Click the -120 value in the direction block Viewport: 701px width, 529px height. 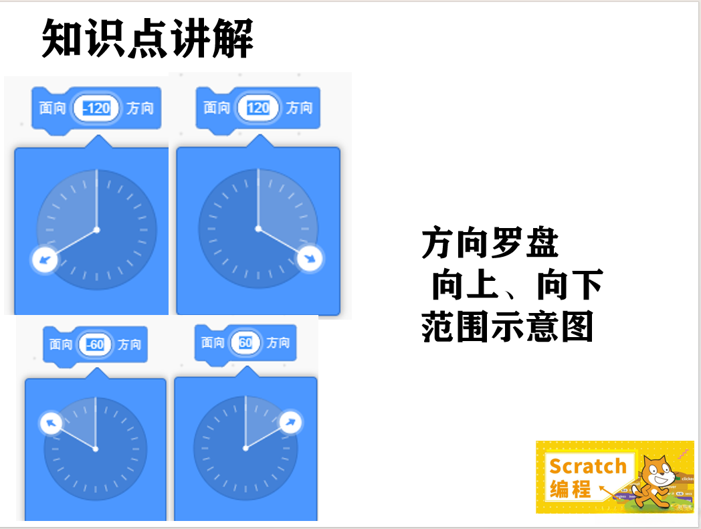coord(97,108)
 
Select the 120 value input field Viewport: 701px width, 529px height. coord(258,108)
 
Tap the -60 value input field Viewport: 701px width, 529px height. coord(96,344)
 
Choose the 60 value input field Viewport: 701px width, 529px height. coord(245,343)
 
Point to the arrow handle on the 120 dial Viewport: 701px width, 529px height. coord(310,259)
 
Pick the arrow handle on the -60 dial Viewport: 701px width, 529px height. coord(52,423)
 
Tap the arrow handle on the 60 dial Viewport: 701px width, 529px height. coord(291,422)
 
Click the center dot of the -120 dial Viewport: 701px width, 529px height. coord(97,230)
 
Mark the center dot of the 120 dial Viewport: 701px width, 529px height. coord(258,229)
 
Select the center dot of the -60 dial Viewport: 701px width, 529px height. coord(96,449)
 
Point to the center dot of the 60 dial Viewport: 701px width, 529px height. coord(245,448)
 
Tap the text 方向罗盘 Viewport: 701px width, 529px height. coord(490,243)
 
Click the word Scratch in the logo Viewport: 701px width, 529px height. coord(588,465)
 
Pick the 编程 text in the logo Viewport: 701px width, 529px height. coord(571,489)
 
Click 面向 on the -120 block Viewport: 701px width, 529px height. coord(52,108)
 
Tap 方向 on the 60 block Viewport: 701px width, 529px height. coord(278,343)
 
